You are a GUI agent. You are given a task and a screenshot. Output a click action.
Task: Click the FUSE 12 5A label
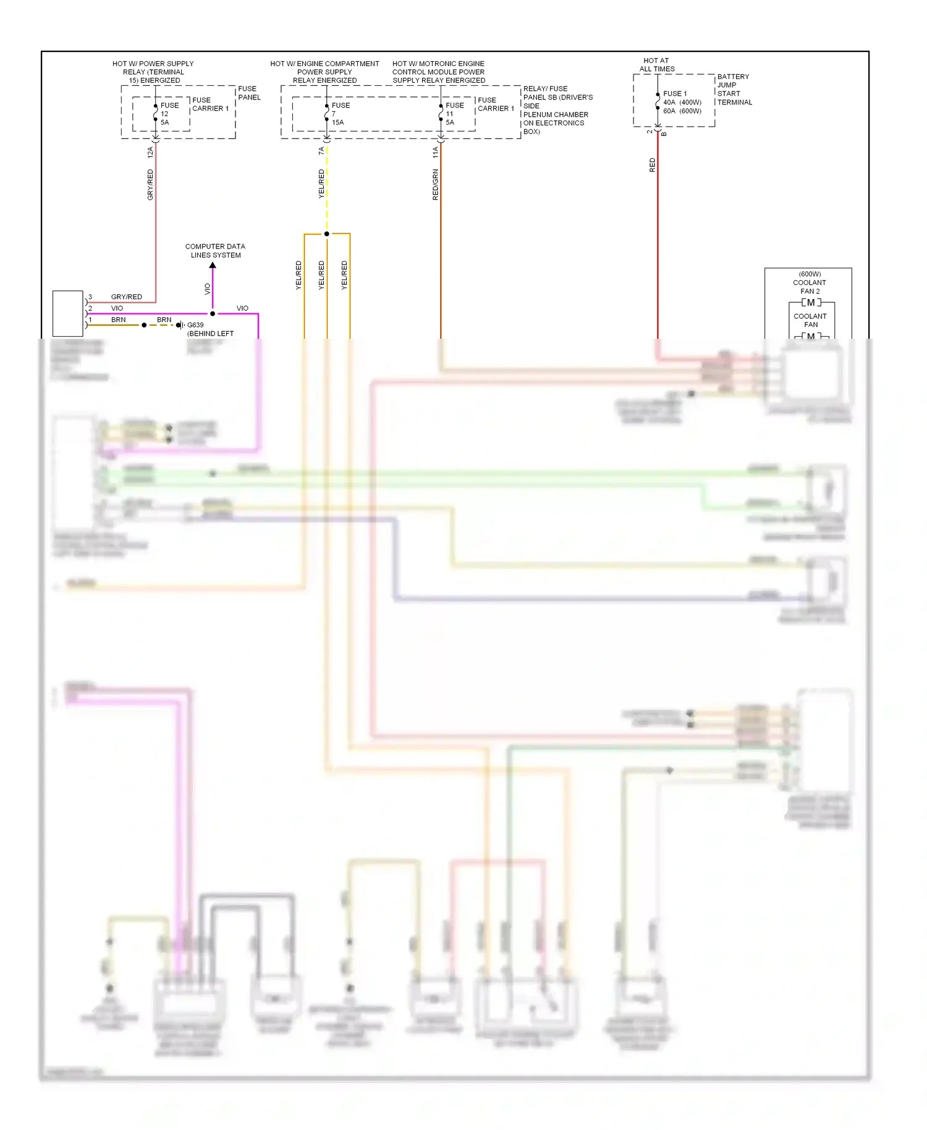[x=169, y=114]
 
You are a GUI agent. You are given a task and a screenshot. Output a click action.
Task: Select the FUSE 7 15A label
[x=340, y=114]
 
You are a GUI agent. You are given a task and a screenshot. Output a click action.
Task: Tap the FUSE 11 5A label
[x=454, y=114]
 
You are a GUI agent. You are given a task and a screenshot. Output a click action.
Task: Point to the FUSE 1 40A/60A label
[x=682, y=103]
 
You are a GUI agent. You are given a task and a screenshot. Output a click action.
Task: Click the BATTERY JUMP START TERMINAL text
[x=734, y=90]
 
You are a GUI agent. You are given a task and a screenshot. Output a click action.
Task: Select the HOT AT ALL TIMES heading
[x=656, y=65]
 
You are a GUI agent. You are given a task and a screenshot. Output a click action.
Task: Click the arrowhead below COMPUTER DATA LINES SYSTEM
[x=213, y=265]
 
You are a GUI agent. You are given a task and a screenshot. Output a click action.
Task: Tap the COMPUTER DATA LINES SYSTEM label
[x=215, y=250]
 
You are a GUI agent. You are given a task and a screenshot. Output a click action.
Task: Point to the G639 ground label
[x=195, y=325]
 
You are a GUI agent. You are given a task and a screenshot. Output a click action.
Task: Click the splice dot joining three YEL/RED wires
[x=327, y=234]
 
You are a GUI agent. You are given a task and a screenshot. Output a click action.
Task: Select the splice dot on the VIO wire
[x=213, y=313]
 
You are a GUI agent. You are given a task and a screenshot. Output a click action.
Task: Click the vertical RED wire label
[x=652, y=165]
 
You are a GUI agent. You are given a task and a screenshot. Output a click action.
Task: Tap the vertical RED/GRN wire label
[x=435, y=184]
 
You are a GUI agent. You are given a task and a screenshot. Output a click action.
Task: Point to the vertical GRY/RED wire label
[x=150, y=184]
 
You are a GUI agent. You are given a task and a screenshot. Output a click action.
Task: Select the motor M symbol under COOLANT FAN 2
[x=811, y=302]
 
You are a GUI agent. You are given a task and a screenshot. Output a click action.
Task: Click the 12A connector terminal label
[x=150, y=152]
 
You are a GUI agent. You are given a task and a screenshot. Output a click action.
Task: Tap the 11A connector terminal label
[x=435, y=152]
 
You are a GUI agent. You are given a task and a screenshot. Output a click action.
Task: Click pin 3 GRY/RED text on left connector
[x=126, y=297]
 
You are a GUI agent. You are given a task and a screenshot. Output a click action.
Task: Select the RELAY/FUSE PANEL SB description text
[x=557, y=110]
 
